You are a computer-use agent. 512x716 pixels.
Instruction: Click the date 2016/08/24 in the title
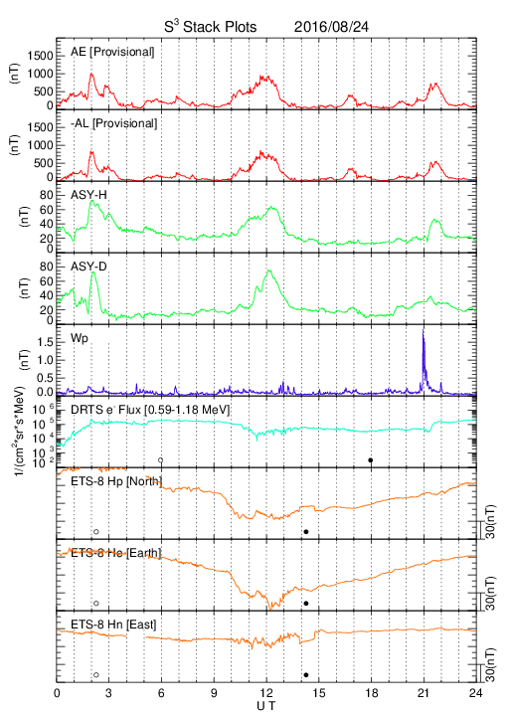331,27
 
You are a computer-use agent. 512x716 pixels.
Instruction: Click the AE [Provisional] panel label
112,52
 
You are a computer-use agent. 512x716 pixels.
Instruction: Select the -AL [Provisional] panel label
113,123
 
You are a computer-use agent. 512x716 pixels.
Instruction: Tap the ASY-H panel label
88,195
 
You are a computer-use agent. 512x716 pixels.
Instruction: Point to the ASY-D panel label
88,267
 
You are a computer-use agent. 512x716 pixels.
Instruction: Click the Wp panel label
80,339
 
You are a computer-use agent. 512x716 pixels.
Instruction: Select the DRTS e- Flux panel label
150,410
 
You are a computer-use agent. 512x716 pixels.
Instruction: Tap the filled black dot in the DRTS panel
371,460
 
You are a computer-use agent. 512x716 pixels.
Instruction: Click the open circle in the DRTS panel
161,460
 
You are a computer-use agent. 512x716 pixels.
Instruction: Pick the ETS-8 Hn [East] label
113,625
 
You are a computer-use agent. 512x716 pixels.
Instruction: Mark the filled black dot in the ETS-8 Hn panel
306,675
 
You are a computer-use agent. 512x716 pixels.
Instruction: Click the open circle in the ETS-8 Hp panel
96,531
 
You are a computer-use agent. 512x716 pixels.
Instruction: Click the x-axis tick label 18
372,693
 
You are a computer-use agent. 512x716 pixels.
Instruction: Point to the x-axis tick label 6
161,693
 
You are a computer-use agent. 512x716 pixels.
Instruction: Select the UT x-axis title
266,706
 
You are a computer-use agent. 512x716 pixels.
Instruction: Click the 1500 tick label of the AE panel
41,56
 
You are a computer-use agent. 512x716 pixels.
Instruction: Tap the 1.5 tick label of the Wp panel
45,342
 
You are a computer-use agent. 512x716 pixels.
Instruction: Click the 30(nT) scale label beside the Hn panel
491,665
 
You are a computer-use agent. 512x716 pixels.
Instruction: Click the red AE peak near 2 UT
91,74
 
